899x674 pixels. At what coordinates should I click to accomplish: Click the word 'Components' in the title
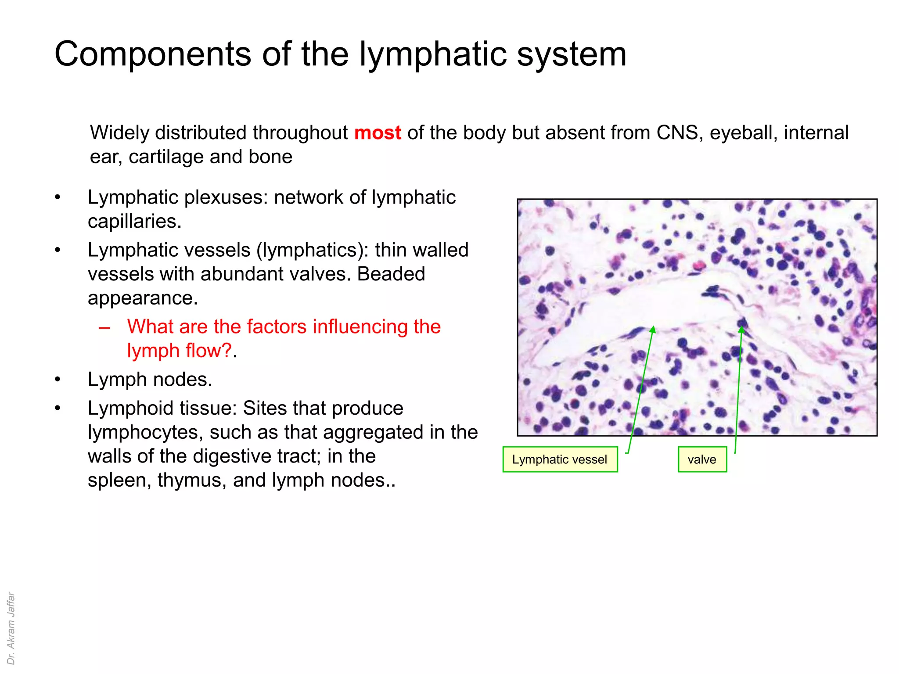152,54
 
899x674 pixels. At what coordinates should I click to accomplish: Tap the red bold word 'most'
378,133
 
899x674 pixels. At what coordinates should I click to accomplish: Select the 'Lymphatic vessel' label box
560,459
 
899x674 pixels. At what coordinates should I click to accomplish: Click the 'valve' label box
702,459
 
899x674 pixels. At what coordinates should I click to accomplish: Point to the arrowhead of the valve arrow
741,329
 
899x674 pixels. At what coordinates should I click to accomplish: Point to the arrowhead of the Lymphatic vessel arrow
653,329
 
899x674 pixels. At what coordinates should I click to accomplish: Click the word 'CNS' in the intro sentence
677,133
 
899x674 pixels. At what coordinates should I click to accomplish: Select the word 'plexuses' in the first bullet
226,197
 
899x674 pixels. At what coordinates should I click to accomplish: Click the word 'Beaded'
391,274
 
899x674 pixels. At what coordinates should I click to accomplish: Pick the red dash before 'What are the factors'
104,327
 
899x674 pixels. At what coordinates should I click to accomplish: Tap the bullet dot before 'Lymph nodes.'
58,380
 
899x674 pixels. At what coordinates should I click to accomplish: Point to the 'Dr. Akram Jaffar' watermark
11,628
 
